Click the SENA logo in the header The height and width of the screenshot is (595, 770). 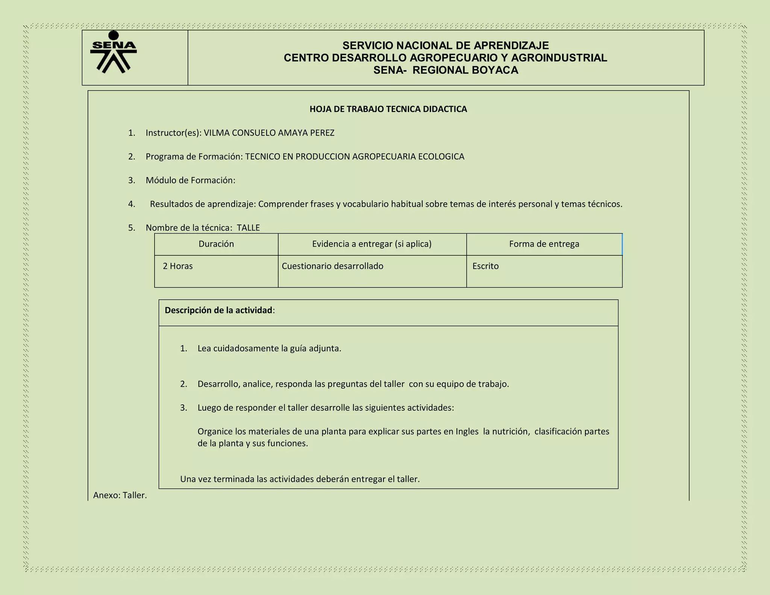[x=113, y=52]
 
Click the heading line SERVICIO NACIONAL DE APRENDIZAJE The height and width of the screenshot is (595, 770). [x=446, y=46]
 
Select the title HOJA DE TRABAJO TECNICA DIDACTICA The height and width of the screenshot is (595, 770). [x=388, y=109]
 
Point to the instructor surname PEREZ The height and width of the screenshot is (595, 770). [x=322, y=133]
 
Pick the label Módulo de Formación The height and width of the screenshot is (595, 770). [x=190, y=180]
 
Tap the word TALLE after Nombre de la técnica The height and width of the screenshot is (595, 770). [x=248, y=228]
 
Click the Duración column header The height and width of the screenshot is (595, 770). [x=216, y=244]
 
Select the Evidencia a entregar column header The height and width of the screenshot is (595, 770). [x=372, y=244]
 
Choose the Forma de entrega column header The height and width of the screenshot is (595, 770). [x=544, y=244]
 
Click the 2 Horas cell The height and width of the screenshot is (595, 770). [x=178, y=266]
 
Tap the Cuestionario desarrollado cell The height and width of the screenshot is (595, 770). [x=332, y=266]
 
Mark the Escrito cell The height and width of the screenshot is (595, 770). [x=485, y=266]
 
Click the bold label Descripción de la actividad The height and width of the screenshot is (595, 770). [x=218, y=310]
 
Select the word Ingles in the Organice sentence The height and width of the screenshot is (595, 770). [x=467, y=431]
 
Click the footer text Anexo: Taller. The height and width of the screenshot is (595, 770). [x=120, y=495]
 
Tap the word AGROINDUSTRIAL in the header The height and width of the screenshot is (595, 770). [x=559, y=58]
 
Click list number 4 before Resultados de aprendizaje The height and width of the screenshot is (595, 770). [x=131, y=204]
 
